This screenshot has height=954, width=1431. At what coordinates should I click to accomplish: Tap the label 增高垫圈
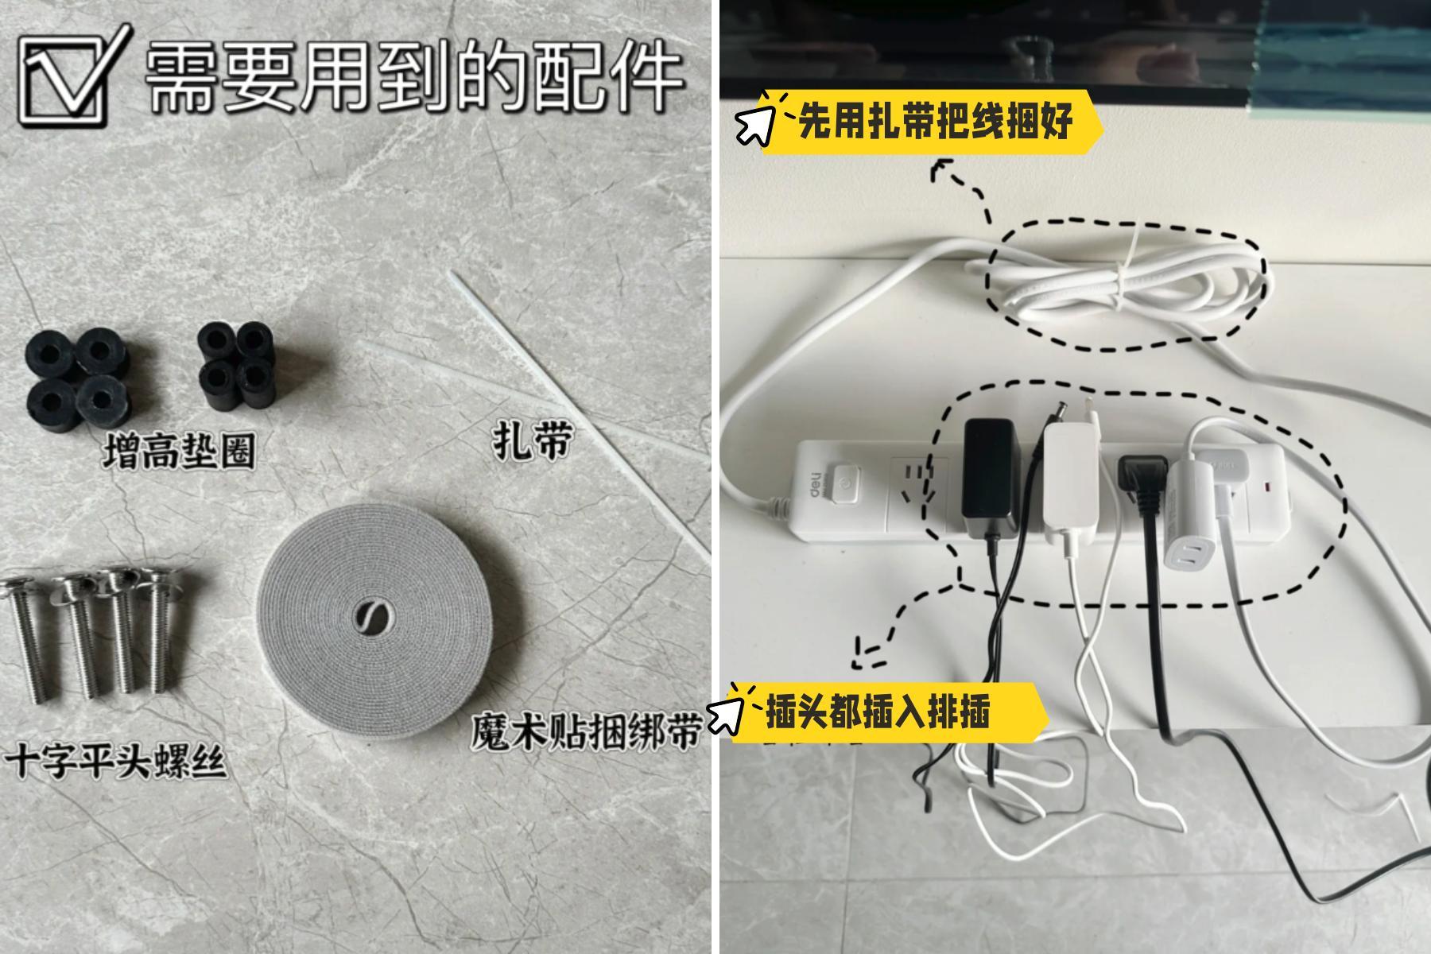click(180, 452)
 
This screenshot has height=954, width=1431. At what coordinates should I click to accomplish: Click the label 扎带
click(532, 440)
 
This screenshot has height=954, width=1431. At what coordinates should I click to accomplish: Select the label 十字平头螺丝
click(116, 761)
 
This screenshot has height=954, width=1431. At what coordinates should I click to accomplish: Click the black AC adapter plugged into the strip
click(990, 475)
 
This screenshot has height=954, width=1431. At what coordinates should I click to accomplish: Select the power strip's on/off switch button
click(842, 485)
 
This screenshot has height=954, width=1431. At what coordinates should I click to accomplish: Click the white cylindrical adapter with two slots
click(1189, 517)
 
